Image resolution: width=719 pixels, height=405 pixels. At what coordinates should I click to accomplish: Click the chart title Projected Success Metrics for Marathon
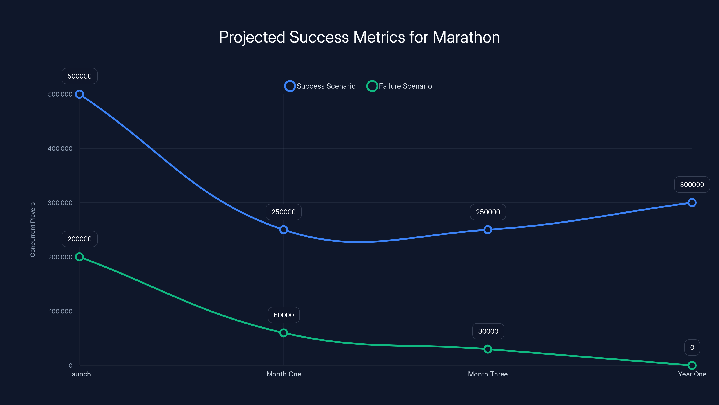[359, 37]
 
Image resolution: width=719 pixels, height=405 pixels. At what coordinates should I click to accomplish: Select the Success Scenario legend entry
[320, 86]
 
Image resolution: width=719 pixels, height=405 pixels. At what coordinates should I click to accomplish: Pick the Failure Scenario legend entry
[399, 86]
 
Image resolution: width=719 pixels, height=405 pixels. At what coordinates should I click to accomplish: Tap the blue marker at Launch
[80, 94]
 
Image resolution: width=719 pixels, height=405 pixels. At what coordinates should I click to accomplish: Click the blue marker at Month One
[284, 230]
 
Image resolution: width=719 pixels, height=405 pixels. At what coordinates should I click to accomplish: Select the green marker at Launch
[80, 257]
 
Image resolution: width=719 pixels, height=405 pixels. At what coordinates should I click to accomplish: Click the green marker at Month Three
[488, 349]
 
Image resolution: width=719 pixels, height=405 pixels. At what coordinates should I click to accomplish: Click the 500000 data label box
[80, 76]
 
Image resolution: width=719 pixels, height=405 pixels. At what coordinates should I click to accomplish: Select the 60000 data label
[284, 315]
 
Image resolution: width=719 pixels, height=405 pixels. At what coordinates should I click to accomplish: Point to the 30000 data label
[488, 331]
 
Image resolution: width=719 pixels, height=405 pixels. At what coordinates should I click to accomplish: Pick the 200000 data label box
[80, 239]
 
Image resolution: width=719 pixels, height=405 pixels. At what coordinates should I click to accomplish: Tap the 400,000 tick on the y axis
[60, 148]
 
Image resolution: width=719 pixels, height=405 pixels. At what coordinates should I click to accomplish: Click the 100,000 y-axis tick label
[61, 311]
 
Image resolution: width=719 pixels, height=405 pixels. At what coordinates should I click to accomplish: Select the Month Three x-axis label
[488, 374]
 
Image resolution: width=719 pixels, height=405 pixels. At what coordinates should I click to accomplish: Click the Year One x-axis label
[692, 374]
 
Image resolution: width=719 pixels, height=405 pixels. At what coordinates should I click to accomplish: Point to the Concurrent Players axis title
[33, 230]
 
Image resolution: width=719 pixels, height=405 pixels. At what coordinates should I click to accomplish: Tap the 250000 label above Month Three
[488, 212]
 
